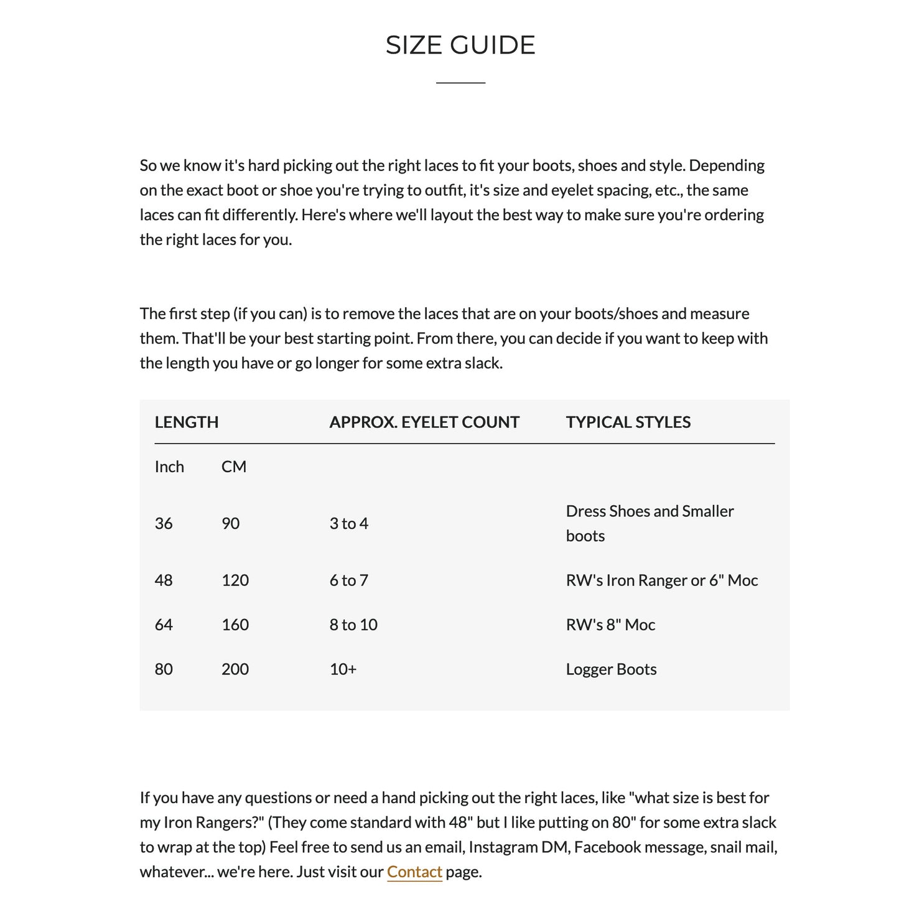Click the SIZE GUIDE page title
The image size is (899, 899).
pyautogui.click(x=460, y=45)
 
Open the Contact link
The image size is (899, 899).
pyautogui.click(x=414, y=872)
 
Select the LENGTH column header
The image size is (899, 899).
pyautogui.click(x=187, y=422)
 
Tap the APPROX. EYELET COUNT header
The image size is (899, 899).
pyautogui.click(x=424, y=422)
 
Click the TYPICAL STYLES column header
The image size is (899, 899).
pyautogui.click(x=628, y=422)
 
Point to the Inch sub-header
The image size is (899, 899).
pyautogui.click(x=169, y=467)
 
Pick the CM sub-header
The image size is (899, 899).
pyautogui.click(x=234, y=467)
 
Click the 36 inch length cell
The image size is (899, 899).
pyautogui.click(x=164, y=523)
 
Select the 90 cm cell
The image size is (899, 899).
pyautogui.click(x=231, y=523)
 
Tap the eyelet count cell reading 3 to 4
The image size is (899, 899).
pyautogui.click(x=349, y=523)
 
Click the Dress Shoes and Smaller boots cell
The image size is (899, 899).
pyautogui.click(x=650, y=523)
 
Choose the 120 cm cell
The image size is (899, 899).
pyautogui.click(x=235, y=580)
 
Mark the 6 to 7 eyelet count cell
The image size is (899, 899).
pyautogui.click(x=349, y=580)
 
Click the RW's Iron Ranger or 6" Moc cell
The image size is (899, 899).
pyautogui.click(x=662, y=580)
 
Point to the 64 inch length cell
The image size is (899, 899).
pyautogui.click(x=164, y=625)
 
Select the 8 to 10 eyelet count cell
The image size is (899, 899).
pyautogui.click(x=353, y=625)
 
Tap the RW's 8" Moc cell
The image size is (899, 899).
pyautogui.click(x=610, y=625)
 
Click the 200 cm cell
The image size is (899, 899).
pyautogui.click(x=235, y=669)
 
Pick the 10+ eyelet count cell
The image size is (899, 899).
pyautogui.click(x=343, y=669)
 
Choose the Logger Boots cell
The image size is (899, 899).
pyautogui.click(x=611, y=669)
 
